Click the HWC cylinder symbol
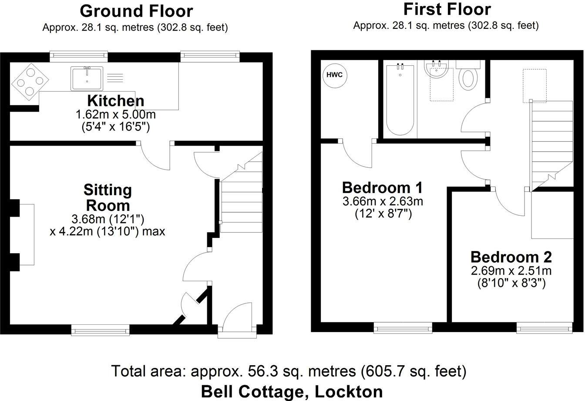(335, 75)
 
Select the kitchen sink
(87, 78)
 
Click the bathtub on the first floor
(400, 99)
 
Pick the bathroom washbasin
(437, 70)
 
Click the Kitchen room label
(116, 101)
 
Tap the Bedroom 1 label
(382, 188)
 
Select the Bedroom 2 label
(511, 256)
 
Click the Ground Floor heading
(136, 11)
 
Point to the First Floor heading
(447, 9)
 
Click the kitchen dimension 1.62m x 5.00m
(116, 115)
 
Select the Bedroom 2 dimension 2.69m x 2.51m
(511, 271)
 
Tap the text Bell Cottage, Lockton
(292, 391)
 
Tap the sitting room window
(101, 330)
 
